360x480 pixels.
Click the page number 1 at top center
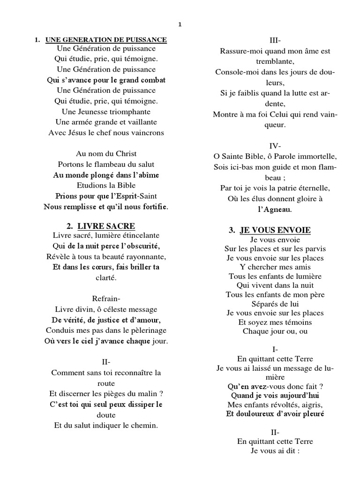pos(180,25)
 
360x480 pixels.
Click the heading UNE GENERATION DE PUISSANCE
pos(106,40)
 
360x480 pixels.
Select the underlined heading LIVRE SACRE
pos(106,226)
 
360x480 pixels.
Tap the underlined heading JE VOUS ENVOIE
pos(275,230)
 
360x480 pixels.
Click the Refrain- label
pos(106,299)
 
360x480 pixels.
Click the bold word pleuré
pos(312,414)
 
